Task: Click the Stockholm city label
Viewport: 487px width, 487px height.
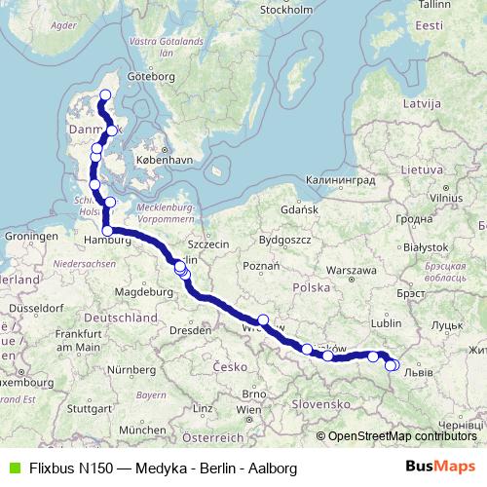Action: pos(286,10)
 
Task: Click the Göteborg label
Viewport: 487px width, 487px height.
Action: pos(150,76)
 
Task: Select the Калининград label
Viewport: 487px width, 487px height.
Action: pos(340,179)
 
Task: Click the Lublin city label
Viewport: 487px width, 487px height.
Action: pos(387,322)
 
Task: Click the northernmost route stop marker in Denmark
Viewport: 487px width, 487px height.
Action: pos(105,94)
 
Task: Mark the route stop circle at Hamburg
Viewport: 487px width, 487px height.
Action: pos(107,231)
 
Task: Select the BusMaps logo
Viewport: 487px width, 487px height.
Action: pos(439,468)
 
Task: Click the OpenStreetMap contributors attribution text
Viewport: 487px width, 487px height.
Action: pos(401,435)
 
